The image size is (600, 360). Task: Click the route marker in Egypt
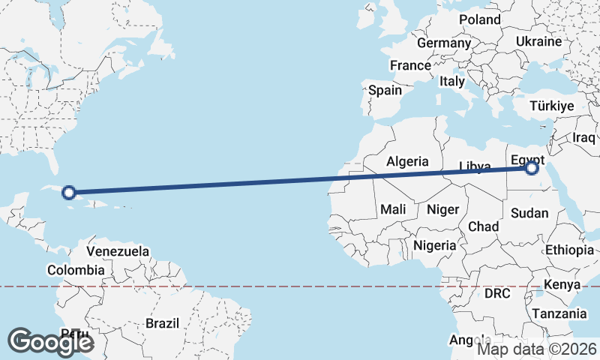[532, 169]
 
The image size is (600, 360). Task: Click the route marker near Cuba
[69, 193]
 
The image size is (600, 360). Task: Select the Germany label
[443, 43]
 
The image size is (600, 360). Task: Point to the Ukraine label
[538, 41]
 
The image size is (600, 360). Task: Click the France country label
[410, 65]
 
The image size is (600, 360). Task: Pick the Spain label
[385, 90]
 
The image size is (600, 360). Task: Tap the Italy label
[452, 81]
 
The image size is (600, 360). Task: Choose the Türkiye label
[552, 106]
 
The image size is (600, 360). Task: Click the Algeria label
[407, 161]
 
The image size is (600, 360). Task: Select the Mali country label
[394, 209]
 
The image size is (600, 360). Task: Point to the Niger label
[442, 209]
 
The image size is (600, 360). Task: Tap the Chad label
[483, 226]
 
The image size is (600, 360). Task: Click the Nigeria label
[435, 245]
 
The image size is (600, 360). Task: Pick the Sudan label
[529, 213]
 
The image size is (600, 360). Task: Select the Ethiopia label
[569, 250]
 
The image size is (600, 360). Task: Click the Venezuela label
[118, 251]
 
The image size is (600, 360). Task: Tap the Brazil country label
[162, 323]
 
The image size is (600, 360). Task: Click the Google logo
[51, 342]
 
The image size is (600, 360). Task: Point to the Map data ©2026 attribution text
[537, 349]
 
